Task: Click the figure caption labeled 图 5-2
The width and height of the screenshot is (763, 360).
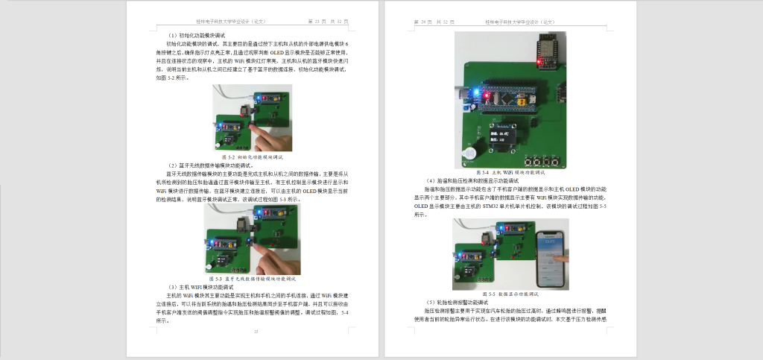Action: [252, 158]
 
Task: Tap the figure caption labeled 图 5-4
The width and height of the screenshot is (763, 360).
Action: [510, 172]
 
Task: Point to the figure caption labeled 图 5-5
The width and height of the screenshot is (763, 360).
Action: [510, 294]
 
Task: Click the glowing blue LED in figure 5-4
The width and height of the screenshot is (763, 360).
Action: [469, 95]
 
